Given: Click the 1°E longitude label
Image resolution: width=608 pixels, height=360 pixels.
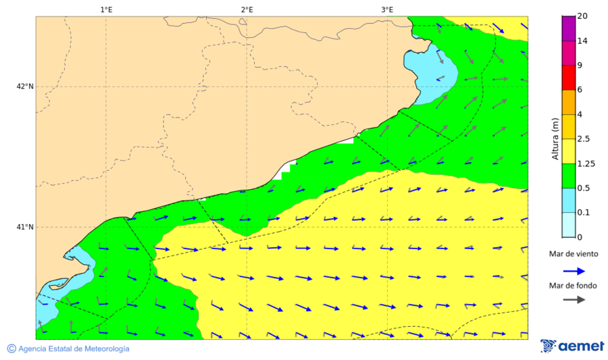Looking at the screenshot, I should [x=106, y=9].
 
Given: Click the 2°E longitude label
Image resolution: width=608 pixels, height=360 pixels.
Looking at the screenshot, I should [x=247, y=9].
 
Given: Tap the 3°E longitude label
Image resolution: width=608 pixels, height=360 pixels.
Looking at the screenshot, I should [x=387, y=9].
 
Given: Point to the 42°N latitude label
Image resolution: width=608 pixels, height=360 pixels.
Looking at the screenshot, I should [x=25, y=86].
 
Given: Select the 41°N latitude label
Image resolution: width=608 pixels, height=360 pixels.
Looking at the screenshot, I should [x=25, y=227].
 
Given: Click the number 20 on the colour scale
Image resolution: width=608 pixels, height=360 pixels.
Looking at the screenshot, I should [x=582, y=17].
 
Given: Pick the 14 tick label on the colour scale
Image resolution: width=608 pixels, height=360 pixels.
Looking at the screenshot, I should [x=582, y=41].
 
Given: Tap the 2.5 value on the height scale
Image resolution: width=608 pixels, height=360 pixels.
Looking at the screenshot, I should [x=584, y=139].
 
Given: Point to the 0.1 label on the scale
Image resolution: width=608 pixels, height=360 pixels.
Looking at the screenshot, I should [x=584, y=213].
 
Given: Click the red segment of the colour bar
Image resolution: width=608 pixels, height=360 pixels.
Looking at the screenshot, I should [x=568, y=78].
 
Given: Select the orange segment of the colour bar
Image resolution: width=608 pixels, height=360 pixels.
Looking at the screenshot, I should [x=568, y=102].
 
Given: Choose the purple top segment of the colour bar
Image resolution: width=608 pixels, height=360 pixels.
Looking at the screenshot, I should [x=568, y=28].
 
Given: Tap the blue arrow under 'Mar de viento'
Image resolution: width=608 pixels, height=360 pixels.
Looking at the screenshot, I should [x=574, y=270].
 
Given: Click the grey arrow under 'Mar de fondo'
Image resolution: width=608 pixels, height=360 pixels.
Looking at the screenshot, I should [x=574, y=300].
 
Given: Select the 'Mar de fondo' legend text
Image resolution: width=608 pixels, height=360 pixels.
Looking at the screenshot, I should [x=573, y=286].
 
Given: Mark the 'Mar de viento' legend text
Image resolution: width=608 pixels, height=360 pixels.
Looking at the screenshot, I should [x=573, y=254].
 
